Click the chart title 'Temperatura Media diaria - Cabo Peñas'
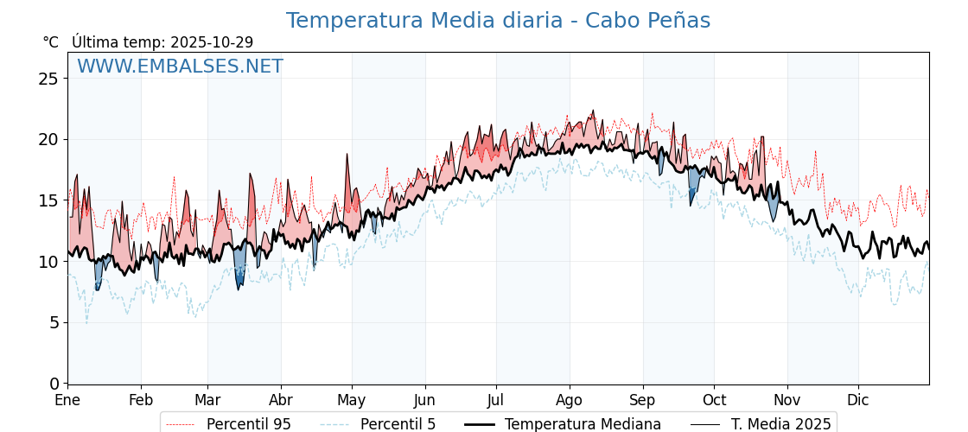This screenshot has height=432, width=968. pyautogui.click(x=498, y=21)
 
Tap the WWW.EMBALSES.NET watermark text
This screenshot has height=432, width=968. pyautogui.click(x=180, y=67)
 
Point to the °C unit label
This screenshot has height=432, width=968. pyautogui.click(x=51, y=42)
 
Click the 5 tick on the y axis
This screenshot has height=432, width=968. pyautogui.click(x=54, y=322)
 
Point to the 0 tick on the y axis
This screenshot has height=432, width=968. pyautogui.click(x=54, y=383)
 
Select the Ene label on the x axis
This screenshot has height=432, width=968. pyautogui.click(x=67, y=401)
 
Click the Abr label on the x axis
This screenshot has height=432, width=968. pyautogui.click(x=281, y=401)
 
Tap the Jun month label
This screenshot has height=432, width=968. pyautogui.click(x=424, y=401)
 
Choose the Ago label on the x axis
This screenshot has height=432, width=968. pyautogui.click(x=569, y=401)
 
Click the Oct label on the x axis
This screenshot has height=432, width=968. pyautogui.click(x=714, y=401)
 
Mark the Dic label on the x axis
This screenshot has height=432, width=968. pyautogui.click(x=858, y=401)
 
